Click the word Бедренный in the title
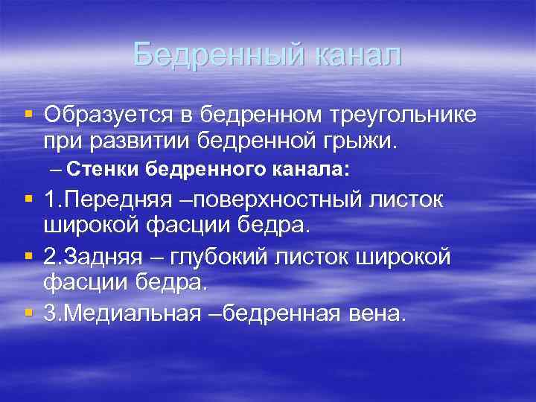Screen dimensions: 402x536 click(x=219, y=54)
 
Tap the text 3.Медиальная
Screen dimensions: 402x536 click(x=121, y=313)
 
